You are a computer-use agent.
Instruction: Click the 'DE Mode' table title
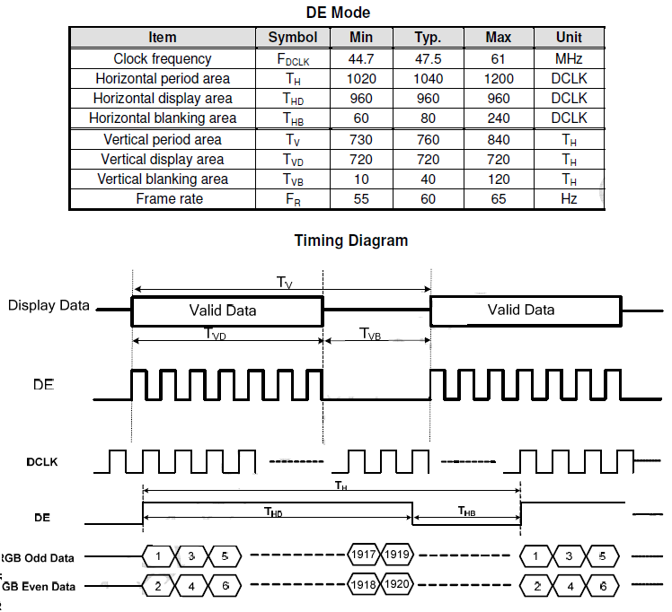pos(338,13)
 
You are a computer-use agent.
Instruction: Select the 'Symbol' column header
pos(293,37)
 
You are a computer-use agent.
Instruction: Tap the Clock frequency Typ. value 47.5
pos(428,58)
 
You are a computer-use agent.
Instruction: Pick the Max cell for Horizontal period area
pos(499,79)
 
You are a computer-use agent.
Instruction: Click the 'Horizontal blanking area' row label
pos(163,118)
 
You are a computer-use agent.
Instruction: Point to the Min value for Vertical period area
pos(361,139)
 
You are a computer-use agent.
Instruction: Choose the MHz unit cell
pos(569,58)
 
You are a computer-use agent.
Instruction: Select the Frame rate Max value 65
pos(499,199)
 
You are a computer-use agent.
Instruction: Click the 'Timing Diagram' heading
pos(351,240)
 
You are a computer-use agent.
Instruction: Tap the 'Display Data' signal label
pos(49,306)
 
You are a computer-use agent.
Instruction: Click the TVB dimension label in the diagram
pos(370,334)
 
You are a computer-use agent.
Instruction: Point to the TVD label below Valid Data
pos(215,334)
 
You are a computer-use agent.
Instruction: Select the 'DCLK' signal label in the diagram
pos(42,462)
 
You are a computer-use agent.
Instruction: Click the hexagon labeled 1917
pos(364,555)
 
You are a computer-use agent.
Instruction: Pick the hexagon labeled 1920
pos(397,584)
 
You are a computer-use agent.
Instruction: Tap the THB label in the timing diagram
pos(466,511)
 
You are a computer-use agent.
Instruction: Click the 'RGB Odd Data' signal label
pos(37,558)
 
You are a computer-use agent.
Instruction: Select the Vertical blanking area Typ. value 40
pos(428,179)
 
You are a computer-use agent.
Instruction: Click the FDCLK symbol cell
pos(293,59)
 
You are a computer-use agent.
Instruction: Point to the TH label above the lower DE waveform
pos(341,485)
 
